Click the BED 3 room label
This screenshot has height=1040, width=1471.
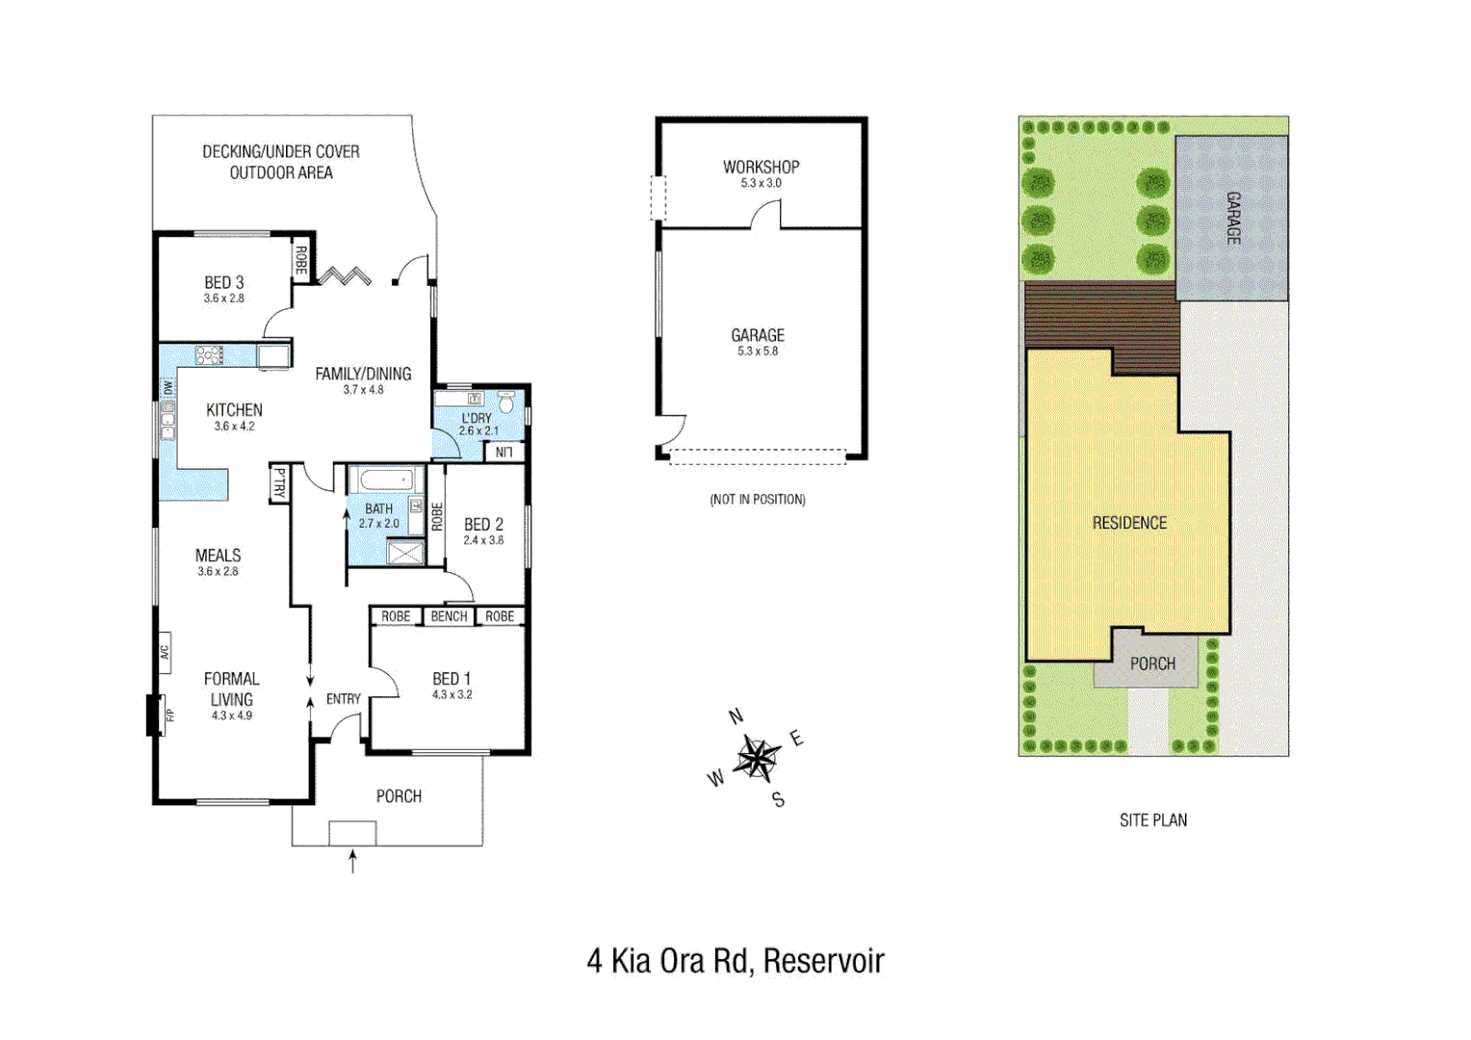click(223, 282)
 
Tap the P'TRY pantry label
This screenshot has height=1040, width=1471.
click(279, 482)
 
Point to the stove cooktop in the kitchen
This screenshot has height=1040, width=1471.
click(209, 355)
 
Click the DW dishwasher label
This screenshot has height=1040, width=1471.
click(168, 387)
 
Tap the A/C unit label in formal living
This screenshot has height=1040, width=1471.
click(165, 653)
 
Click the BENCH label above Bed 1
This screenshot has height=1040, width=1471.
click(449, 616)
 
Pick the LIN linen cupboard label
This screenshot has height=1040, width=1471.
click(503, 452)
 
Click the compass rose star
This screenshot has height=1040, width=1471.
click(758, 759)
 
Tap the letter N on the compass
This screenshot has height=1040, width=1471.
click(736, 716)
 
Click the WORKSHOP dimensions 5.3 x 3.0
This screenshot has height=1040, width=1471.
click(761, 183)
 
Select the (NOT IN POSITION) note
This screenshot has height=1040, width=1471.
click(758, 499)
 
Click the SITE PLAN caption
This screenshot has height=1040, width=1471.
click(1152, 820)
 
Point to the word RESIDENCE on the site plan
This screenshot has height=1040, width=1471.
click(1129, 523)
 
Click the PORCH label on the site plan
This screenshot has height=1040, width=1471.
click(1152, 663)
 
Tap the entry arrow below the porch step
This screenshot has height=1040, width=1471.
click(352, 861)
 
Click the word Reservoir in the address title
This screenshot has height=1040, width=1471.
click(823, 961)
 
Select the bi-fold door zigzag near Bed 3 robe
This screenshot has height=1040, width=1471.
click(345, 276)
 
